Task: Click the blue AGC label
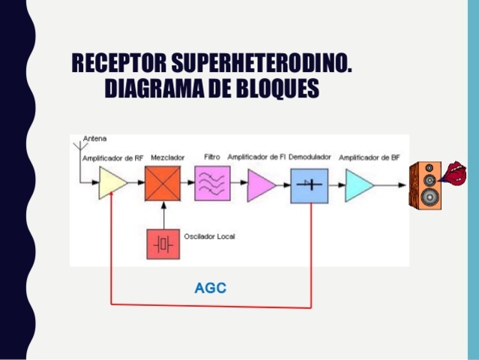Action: tap(211, 287)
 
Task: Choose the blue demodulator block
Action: tap(309, 184)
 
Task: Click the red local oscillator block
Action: tap(163, 243)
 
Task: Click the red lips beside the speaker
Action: tap(456, 173)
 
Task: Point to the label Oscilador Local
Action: tap(209, 236)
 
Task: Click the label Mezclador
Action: tap(166, 158)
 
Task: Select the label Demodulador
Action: tap(309, 158)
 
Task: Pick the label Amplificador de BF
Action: tap(367, 158)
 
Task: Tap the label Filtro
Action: tap(211, 157)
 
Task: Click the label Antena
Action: tap(94, 139)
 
